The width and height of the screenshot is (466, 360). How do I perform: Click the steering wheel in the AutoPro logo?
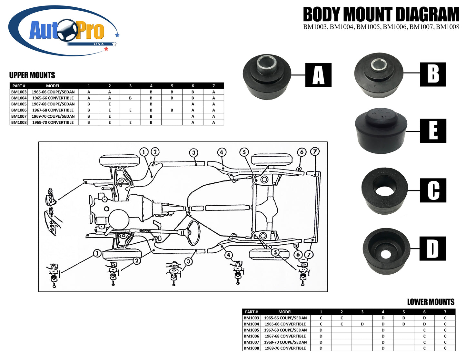(67, 30)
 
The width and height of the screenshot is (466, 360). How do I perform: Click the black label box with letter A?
(318, 75)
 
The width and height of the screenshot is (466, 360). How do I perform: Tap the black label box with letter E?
(433, 131)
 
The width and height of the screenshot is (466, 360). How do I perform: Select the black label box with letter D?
(432, 248)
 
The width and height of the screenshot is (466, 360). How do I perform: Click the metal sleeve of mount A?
(267, 65)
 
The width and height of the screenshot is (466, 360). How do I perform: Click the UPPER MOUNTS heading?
(32, 75)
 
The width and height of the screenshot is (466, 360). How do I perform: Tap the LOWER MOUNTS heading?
(431, 302)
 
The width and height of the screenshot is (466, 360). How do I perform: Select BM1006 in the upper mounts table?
(19, 110)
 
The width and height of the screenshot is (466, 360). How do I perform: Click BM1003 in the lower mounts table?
(251, 318)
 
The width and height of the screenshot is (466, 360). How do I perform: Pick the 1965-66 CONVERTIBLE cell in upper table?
(53, 98)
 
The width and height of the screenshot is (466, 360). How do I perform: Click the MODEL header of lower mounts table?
(285, 312)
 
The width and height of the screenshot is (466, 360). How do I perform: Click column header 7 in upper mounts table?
(213, 86)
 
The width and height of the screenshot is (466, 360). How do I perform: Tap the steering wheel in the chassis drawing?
(194, 232)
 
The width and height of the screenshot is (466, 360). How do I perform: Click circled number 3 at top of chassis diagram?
(193, 153)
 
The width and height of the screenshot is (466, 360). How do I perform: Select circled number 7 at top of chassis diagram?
(315, 151)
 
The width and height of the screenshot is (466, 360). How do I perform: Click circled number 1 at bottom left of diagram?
(97, 253)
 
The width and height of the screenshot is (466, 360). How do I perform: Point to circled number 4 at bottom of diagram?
(228, 255)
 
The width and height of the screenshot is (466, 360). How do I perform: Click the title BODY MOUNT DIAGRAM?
(381, 15)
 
